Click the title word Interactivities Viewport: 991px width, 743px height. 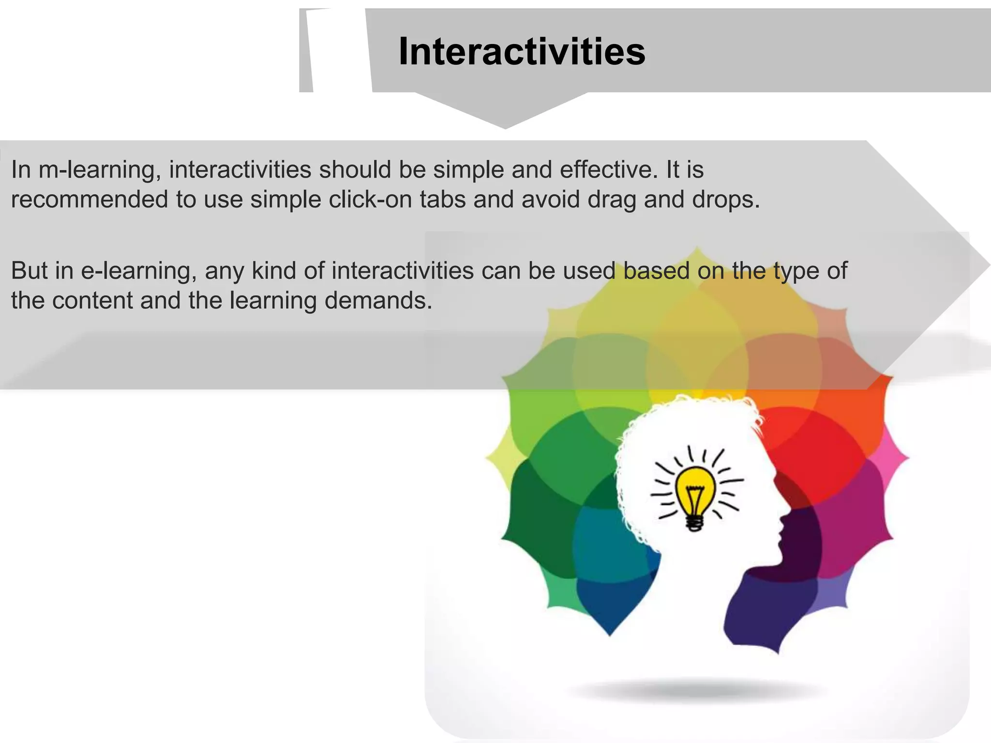pos(522,52)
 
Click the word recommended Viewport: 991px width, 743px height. pos(89,200)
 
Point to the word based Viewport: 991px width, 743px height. pos(656,271)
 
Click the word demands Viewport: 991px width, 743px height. pos(377,301)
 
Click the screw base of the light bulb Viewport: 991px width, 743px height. pos(695,522)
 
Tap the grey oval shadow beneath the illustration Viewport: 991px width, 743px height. pos(697,690)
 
